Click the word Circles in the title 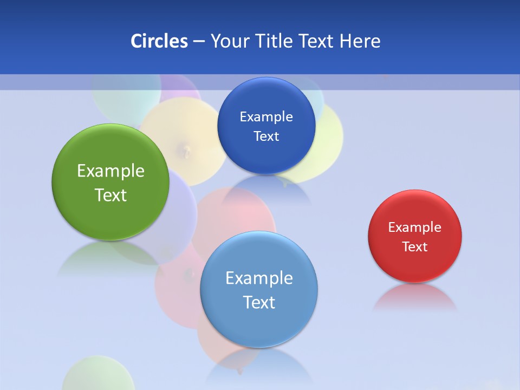[x=159, y=41]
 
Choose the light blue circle [x=259, y=325]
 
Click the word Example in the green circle [x=110, y=171]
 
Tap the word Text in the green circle [x=110, y=195]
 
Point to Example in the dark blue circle [x=266, y=116]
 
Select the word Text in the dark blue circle [x=266, y=136]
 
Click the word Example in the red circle [x=415, y=227]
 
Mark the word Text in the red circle [x=415, y=246]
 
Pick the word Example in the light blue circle [x=259, y=278]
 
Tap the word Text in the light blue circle [x=259, y=302]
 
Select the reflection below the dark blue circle [x=266, y=190]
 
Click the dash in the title [x=199, y=41]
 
